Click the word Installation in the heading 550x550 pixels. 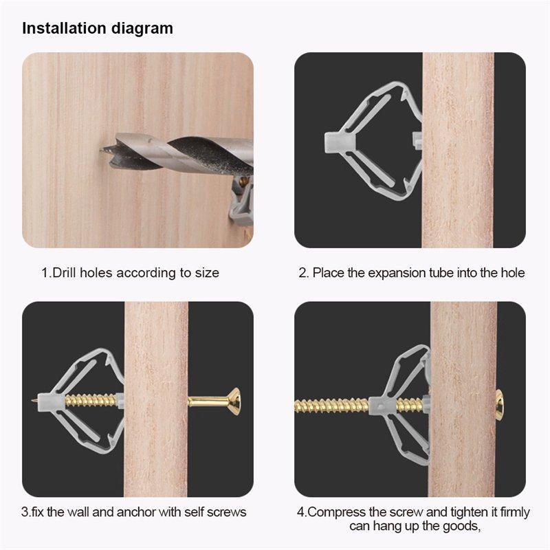[64, 28]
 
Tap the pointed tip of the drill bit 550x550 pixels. [101, 150]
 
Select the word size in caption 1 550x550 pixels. [207, 273]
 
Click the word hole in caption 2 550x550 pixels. [513, 272]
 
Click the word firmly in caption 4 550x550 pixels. [515, 512]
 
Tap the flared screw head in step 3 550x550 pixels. [234, 401]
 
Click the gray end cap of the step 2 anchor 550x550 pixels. [335, 142]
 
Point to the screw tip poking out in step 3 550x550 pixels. [34, 400]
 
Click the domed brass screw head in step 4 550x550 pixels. [499, 406]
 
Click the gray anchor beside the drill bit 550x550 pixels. [242, 201]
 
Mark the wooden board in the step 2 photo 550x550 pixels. [458, 150]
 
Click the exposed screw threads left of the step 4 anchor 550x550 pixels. [331, 406]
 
